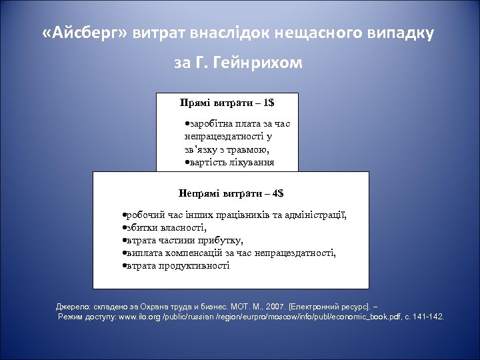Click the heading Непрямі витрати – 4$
coord(231,193)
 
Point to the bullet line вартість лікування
coord(229,162)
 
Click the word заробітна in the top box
coord(210,123)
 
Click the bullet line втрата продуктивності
coord(176,265)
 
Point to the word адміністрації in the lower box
coord(317,215)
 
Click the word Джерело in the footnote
coord(73,306)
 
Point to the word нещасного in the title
coord(299,33)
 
